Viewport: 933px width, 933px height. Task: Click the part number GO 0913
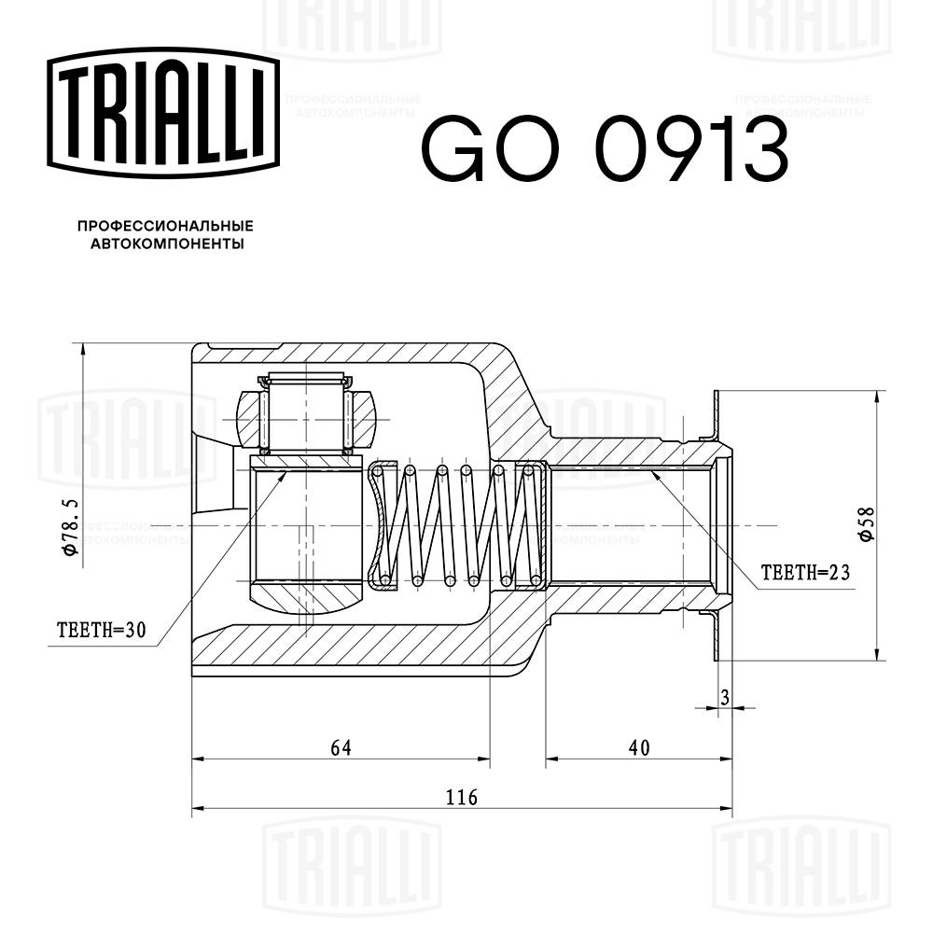tap(606, 150)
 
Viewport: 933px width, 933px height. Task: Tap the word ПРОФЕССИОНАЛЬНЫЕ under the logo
tap(165, 227)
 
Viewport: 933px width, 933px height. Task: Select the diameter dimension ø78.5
tap(67, 528)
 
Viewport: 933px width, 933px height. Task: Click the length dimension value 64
tap(341, 747)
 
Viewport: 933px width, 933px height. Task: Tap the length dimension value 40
tap(639, 747)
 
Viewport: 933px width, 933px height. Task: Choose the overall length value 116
tap(461, 798)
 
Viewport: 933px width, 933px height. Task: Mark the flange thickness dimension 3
tap(724, 696)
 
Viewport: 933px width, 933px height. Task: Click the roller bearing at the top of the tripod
tap(306, 415)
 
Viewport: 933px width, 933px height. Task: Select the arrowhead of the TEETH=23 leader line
tap(653, 475)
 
